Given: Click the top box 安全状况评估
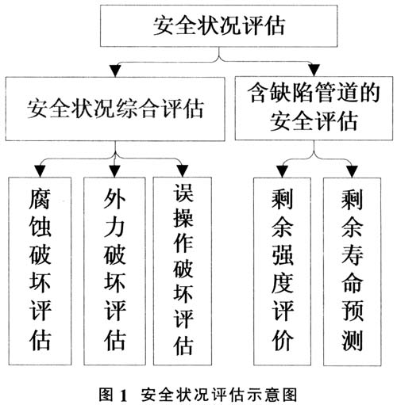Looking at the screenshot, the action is tap(218, 25).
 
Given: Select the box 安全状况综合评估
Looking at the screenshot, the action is tap(115, 109).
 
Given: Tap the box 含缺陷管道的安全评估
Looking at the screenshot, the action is tap(314, 108).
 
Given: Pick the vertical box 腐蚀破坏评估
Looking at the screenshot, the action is tap(40, 271).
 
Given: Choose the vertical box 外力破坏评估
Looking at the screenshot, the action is tap(114, 271).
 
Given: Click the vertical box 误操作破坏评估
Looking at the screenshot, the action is tap(183, 271).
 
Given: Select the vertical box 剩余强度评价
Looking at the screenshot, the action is tap(282, 272).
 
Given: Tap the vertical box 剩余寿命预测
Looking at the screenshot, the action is tap(352, 272).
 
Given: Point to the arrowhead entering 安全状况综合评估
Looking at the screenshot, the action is tap(115, 71).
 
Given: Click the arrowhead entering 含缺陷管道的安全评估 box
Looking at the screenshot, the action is tap(314, 70).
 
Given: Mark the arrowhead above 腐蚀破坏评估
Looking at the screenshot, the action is tap(40, 171).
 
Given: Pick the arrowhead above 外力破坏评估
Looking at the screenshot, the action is tap(114, 171).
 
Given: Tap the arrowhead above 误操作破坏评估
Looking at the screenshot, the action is tap(183, 171).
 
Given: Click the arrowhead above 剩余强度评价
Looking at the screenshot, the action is tap(282, 172).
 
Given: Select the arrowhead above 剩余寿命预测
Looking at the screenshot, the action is tap(353, 172).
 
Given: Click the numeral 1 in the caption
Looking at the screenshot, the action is tap(124, 395).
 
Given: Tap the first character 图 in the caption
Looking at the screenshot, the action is tap(106, 395).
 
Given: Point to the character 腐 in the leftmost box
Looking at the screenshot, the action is tap(40, 199).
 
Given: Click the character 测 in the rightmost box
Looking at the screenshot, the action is tap(352, 340).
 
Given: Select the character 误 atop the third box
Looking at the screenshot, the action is tap(183, 193).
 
